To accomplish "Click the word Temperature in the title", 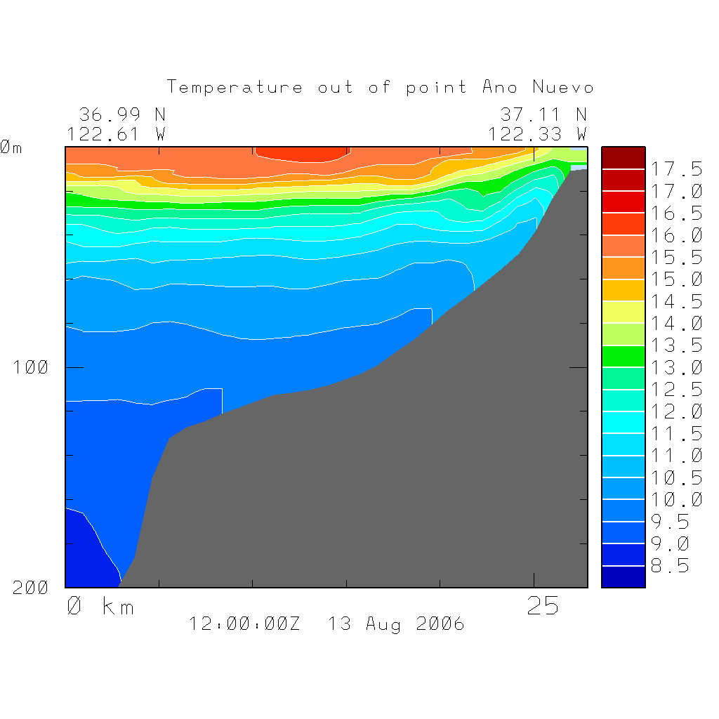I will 235,88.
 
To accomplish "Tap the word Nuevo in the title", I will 563,88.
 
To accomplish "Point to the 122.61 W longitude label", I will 117,134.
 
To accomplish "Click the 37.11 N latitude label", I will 543,114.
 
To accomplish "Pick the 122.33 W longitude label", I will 538,134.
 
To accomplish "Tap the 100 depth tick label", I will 31,367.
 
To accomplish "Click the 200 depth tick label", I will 31,588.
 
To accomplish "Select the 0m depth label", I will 11,148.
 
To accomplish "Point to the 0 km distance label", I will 100,606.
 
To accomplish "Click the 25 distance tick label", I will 543,606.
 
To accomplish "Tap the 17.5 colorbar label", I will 675,169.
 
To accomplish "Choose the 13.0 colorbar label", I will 675,368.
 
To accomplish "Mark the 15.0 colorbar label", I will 675,280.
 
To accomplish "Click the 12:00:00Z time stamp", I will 244,624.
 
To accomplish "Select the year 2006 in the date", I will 440,624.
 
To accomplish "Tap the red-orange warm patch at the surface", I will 302,154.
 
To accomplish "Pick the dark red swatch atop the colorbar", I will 623,157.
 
